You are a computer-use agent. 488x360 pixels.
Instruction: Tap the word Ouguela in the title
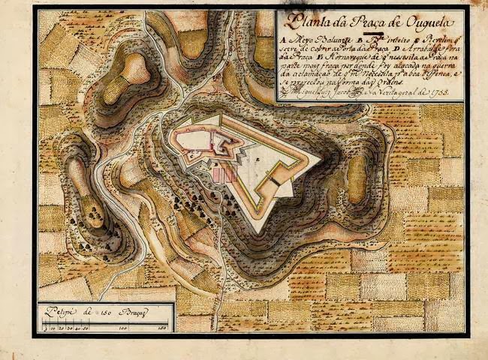(x=420, y=22)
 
